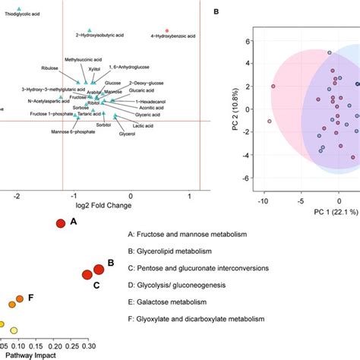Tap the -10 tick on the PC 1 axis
click(x=263, y=201)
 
